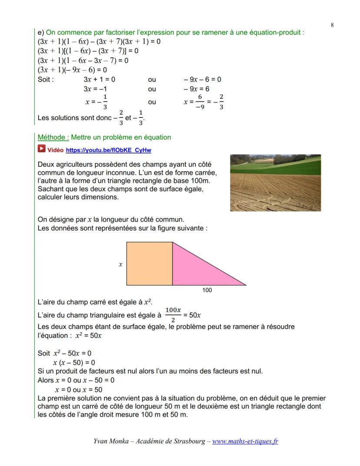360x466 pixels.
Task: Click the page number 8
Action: point(332,25)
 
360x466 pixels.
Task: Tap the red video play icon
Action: point(41,150)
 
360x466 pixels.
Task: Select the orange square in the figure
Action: point(149,264)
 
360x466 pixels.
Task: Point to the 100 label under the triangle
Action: point(207,290)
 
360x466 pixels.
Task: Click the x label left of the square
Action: point(120,264)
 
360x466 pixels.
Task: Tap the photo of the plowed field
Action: point(275,183)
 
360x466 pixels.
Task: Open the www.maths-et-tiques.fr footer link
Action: point(245,441)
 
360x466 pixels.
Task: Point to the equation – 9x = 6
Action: point(196,89)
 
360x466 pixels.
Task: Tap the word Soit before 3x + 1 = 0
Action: point(46,80)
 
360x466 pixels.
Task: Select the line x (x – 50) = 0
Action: point(74,362)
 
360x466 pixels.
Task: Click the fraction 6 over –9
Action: point(200,101)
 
